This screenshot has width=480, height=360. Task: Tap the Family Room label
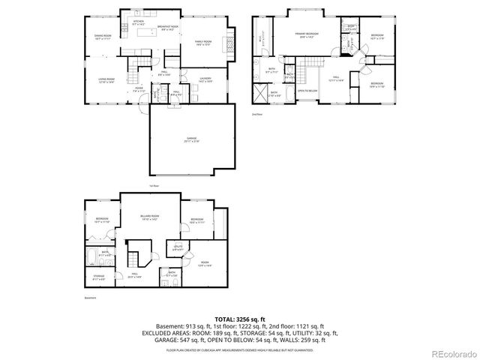coord(202,43)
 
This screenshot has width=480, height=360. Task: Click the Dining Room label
coord(103,37)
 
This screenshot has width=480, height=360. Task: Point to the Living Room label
coord(105,80)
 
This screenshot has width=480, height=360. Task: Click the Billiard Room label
coord(148,217)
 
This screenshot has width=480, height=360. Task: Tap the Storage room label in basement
coord(99,277)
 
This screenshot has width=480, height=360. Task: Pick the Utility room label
coord(178,247)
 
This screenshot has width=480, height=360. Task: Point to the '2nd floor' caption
coord(256,114)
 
